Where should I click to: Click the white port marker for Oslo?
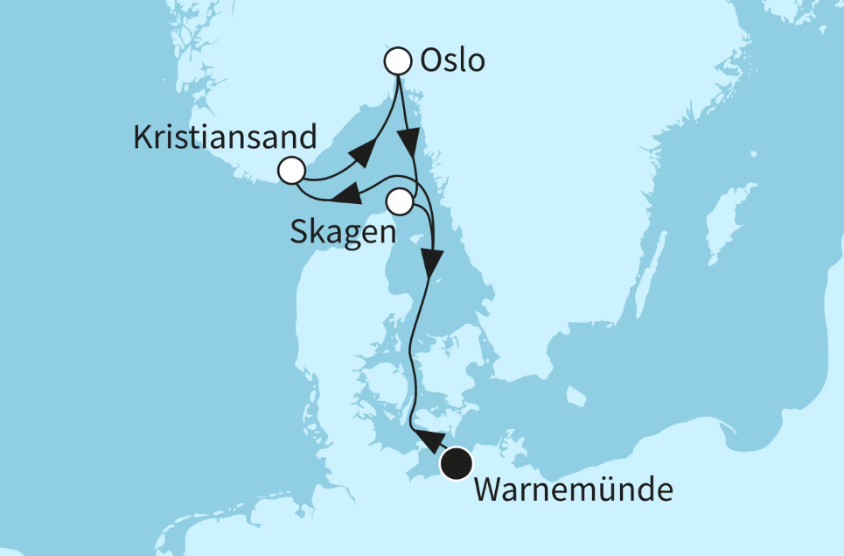click(398, 61)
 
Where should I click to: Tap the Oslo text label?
click(452, 61)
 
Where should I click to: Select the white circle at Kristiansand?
click(291, 170)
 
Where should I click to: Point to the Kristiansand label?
click(225, 137)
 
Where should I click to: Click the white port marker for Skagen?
click(399, 202)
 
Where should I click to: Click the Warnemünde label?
click(573, 489)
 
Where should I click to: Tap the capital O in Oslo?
click(431, 61)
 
